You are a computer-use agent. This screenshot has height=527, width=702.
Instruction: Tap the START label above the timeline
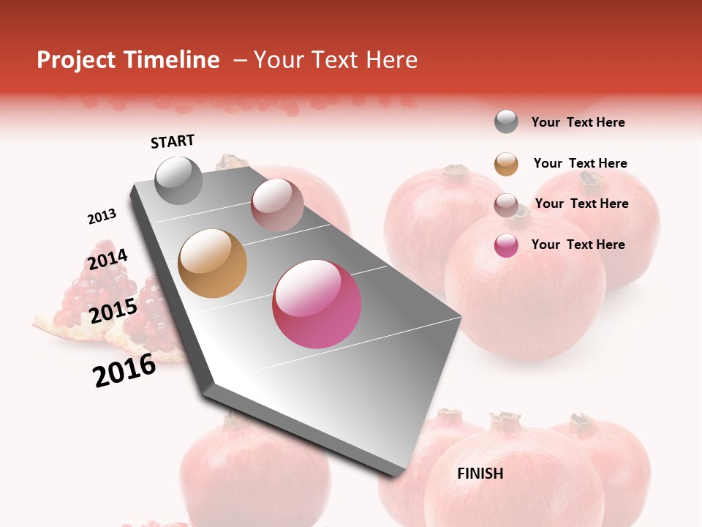tap(173, 141)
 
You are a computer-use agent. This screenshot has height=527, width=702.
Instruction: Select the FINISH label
tap(480, 474)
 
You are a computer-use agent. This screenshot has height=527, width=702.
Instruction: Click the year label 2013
tap(102, 217)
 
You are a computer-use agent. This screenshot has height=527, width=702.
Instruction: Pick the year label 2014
tap(107, 259)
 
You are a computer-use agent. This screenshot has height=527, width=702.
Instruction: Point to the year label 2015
tap(113, 311)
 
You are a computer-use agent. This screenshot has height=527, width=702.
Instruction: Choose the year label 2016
tap(124, 370)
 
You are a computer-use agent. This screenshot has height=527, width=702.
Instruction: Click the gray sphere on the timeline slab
tap(178, 181)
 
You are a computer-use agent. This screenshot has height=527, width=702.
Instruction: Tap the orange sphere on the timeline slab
tap(212, 263)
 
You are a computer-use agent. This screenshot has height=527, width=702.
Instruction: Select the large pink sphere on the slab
tap(317, 304)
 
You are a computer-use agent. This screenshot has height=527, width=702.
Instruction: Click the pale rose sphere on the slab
tap(277, 205)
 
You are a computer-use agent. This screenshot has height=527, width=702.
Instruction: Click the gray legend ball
tap(506, 122)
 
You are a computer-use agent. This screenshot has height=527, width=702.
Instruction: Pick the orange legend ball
tap(506, 164)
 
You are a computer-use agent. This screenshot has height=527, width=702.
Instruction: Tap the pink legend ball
tap(506, 245)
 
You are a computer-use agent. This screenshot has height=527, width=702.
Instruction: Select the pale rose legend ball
tap(506, 205)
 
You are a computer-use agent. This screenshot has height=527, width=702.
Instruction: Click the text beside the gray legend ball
tap(578, 122)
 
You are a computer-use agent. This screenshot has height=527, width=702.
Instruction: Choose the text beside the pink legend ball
tap(578, 244)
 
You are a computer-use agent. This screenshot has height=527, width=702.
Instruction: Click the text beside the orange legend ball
tap(580, 163)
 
